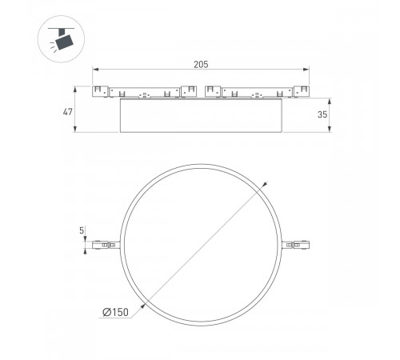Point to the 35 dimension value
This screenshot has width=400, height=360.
point(322,115)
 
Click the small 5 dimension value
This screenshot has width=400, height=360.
point(82,230)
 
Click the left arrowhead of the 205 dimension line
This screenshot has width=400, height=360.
point(95,70)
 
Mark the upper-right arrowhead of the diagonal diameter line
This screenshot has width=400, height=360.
point(264,186)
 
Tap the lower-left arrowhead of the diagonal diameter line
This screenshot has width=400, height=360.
point(144,305)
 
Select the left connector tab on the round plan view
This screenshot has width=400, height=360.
point(105,246)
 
